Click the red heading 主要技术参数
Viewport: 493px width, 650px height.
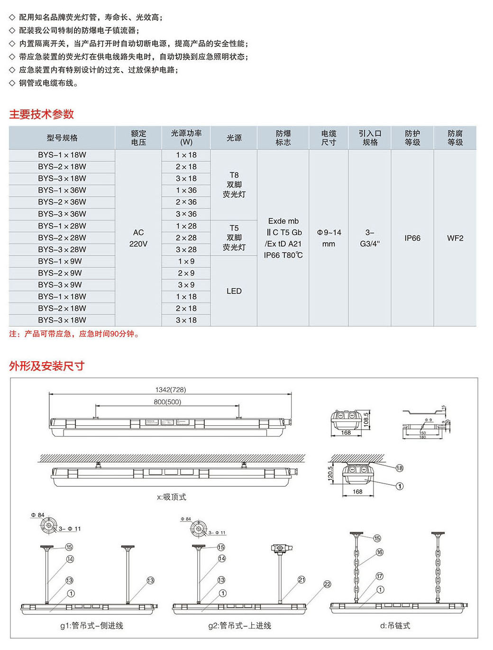[42, 114]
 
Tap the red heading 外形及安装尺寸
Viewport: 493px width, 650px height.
[47, 366]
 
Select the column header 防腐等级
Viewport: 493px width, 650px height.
[455, 138]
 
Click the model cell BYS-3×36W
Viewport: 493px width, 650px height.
[62, 214]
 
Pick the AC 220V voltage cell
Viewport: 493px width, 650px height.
[138, 238]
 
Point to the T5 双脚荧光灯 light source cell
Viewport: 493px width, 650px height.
[234, 238]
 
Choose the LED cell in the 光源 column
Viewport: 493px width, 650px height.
[234, 291]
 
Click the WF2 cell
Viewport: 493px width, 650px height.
[455, 238]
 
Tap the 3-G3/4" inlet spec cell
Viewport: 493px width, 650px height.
[370, 238]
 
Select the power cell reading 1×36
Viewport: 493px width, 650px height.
[186, 190]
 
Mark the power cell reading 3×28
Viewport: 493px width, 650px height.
[186, 249]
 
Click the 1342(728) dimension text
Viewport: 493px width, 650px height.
[171, 390]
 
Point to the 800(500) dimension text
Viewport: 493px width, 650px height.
[167, 402]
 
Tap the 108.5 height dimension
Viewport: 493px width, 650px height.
[366, 420]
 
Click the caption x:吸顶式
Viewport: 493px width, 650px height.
[172, 497]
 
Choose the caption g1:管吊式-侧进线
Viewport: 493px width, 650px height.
[91, 626]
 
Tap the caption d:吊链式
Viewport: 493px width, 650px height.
[395, 626]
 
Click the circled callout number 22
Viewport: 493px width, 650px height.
[327, 584]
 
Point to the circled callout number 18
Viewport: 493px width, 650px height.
[400, 468]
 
